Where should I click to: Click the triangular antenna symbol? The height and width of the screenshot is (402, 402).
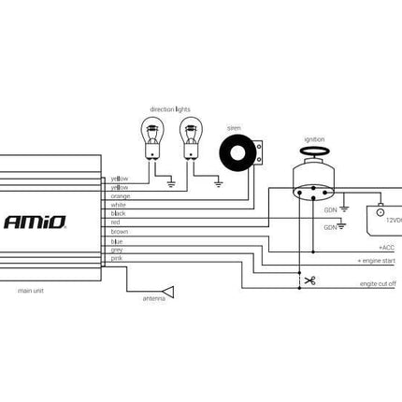(166, 290)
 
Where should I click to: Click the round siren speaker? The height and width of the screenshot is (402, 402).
(237, 152)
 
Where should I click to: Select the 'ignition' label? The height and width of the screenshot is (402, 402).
(315, 139)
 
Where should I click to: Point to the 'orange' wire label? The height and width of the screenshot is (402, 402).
(121, 195)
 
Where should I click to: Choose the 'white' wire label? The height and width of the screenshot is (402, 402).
(119, 205)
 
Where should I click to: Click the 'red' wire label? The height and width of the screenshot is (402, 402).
(116, 223)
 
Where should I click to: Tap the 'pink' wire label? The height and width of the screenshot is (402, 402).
(117, 258)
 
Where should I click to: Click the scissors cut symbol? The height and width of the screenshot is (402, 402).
(309, 279)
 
